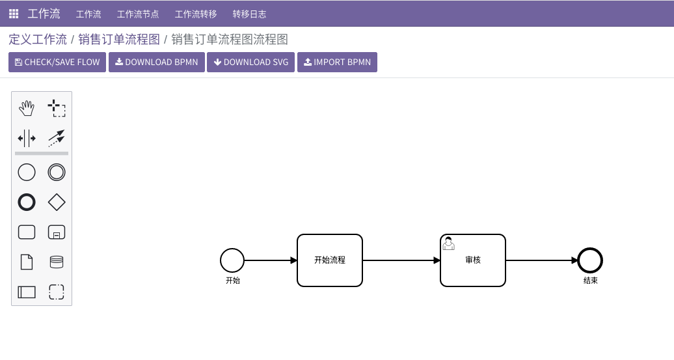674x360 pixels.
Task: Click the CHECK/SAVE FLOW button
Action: click(x=57, y=62)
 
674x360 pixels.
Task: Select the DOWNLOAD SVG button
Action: click(x=250, y=62)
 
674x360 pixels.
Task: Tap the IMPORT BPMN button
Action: click(x=337, y=62)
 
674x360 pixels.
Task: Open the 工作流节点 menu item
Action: click(x=138, y=14)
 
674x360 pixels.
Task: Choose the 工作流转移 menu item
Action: click(x=196, y=14)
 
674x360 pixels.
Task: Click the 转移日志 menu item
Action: click(x=249, y=14)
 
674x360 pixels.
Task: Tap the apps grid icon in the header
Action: click(x=14, y=14)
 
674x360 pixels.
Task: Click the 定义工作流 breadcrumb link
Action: click(x=38, y=40)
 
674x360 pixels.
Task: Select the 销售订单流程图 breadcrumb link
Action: click(x=119, y=40)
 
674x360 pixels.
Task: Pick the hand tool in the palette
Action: click(x=27, y=108)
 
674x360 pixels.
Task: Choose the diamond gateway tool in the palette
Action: click(x=57, y=202)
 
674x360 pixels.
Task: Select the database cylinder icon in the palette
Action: click(x=57, y=262)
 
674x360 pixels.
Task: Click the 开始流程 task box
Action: click(x=330, y=260)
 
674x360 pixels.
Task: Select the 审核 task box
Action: click(x=473, y=260)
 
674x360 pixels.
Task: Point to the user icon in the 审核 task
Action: click(x=449, y=243)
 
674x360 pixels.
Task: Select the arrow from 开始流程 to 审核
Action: click(x=401, y=260)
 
